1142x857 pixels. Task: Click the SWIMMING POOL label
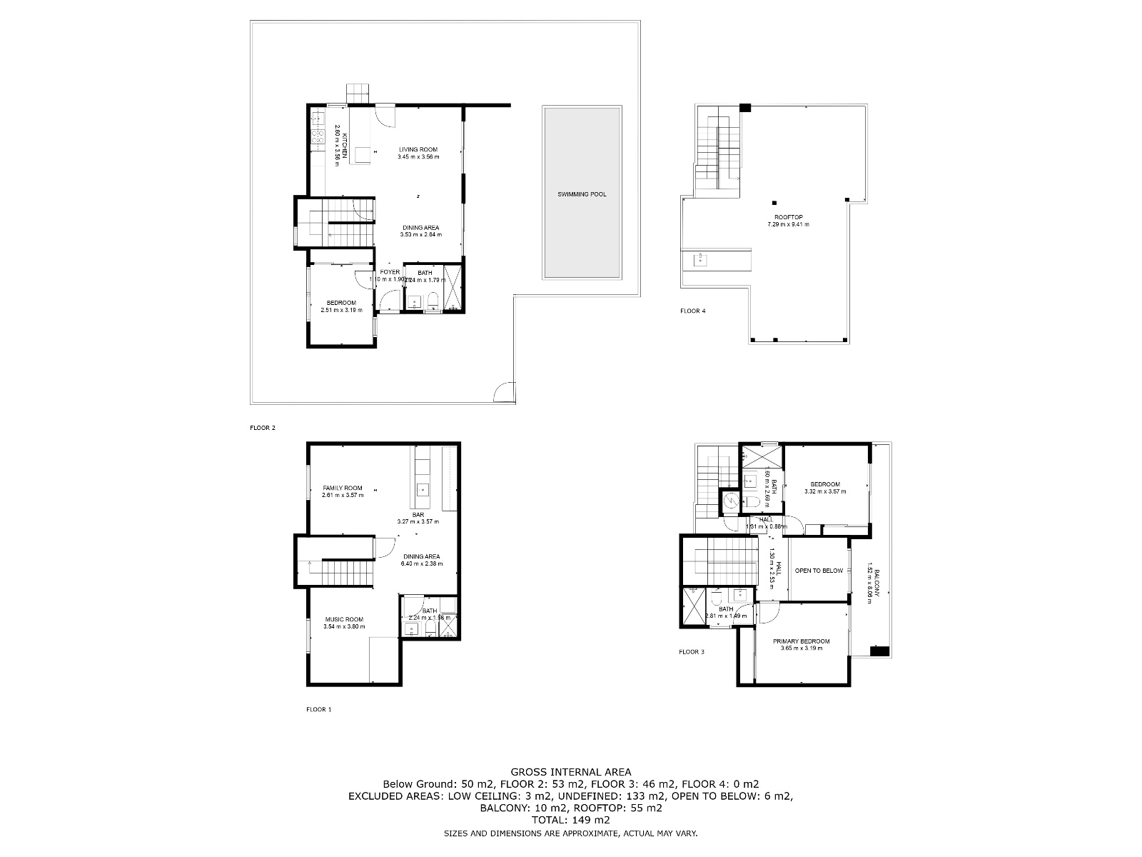(582, 194)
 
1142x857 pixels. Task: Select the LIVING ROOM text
(418, 149)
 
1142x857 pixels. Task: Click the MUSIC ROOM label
(344, 619)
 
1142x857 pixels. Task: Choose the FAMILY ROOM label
(343, 488)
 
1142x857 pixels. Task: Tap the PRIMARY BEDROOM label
(802, 641)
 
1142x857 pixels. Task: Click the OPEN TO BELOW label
(819, 571)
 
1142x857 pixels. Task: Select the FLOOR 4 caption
(692, 311)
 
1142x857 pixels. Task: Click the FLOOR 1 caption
(319, 709)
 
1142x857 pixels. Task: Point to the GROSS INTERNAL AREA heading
(570, 771)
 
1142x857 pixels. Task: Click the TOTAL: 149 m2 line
(570, 820)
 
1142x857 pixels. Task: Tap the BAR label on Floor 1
(418, 514)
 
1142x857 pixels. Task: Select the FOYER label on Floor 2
(390, 272)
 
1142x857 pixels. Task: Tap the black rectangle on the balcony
(879, 651)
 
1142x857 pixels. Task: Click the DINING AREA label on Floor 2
(420, 227)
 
